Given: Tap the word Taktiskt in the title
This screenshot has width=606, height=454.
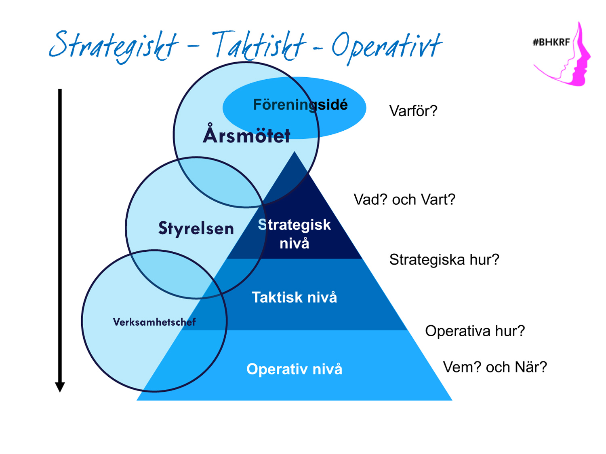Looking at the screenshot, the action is [259, 46].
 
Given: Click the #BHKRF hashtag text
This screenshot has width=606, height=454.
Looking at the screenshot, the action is [551, 42].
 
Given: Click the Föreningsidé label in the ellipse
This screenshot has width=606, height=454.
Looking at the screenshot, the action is [300, 104].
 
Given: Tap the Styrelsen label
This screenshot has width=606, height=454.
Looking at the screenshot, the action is [196, 228].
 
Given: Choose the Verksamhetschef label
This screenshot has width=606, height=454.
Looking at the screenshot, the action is [154, 322].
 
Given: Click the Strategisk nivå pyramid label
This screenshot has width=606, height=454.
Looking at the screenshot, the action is [294, 234].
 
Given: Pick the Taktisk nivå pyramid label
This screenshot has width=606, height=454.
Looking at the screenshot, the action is [294, 297].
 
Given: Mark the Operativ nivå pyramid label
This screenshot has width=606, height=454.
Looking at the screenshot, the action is [294, 369].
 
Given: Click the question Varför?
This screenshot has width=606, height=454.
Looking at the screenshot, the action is [413, 111].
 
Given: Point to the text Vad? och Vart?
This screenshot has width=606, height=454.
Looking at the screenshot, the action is [404, 199].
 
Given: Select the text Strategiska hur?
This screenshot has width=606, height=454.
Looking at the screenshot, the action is [444, 260].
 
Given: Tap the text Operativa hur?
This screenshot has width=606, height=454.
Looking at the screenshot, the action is [475, 331].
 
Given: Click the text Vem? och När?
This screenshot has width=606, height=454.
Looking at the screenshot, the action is [495, 367].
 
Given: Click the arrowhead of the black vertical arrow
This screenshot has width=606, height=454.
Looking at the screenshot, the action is [60, 387].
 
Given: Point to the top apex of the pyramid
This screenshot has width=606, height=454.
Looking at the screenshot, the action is [294, 151].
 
